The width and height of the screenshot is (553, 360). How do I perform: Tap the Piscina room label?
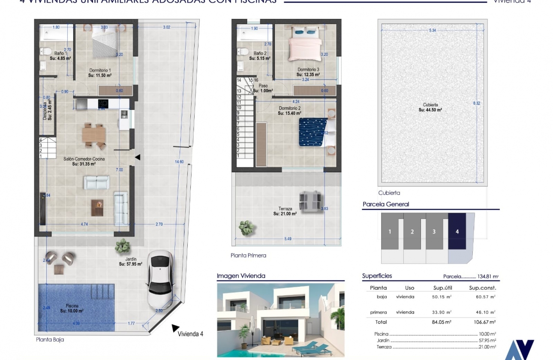coord(72,306)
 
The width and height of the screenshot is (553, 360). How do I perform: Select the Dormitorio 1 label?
coord(100,70)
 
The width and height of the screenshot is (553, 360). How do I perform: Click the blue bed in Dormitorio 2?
coord(313,132)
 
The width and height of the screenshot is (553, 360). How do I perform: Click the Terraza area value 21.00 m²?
coord(285,214)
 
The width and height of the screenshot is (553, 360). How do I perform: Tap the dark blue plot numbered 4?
coord(457,231)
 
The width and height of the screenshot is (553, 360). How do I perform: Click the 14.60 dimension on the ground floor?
coord(179,162)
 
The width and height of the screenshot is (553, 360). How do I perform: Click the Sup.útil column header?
coord(442,288)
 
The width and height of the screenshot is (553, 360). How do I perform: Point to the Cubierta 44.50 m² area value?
coord(430,110)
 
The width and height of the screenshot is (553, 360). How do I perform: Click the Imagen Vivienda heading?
coord(241,276)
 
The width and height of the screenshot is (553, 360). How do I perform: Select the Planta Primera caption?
coord(248,255)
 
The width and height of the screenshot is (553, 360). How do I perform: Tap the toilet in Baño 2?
coord(243,51)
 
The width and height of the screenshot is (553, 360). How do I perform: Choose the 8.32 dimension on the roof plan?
coord(477,103)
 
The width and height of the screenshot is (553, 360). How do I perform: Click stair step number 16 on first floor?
coord(256,80)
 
